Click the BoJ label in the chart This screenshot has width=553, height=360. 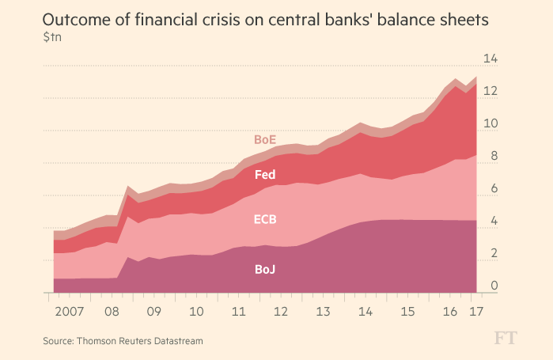(x=264, y=270)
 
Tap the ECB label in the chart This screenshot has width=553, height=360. (x=264, y=219)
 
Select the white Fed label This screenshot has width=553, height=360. (x=264, y=175)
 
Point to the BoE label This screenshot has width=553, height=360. (x=264, y=139)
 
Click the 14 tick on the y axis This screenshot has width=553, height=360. (x=491, y=59)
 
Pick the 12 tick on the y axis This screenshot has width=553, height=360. (x=491, y=92)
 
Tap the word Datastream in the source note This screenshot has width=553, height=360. (x=176, y=341)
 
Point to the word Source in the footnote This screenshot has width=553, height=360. (x=60, y=341)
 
